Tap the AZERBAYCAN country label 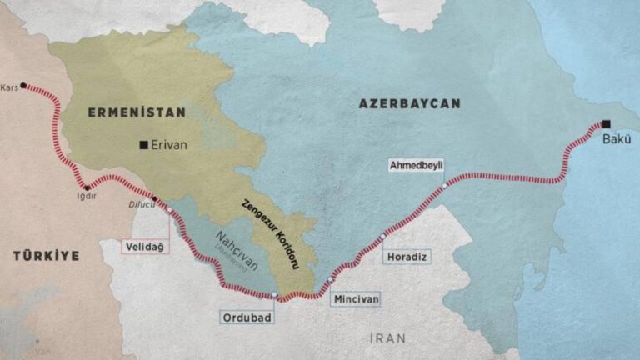(x=409, y=103)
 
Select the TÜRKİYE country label (x=46, y=256)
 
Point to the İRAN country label (x=387, y=337)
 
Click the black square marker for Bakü (x=606, y=123)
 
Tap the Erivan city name (x=169, y=145)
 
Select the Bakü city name (x=617, y=138)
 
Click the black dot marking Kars (x=23, y=85)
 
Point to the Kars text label (x=9, y=87)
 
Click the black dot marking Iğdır (x=86, y=187)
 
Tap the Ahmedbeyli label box (x=417, y=165)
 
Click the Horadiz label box (x=407, y=257)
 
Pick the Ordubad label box (x=247, y=317)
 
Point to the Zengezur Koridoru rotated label (x=269, y=234)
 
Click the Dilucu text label (x=142, y=204)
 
